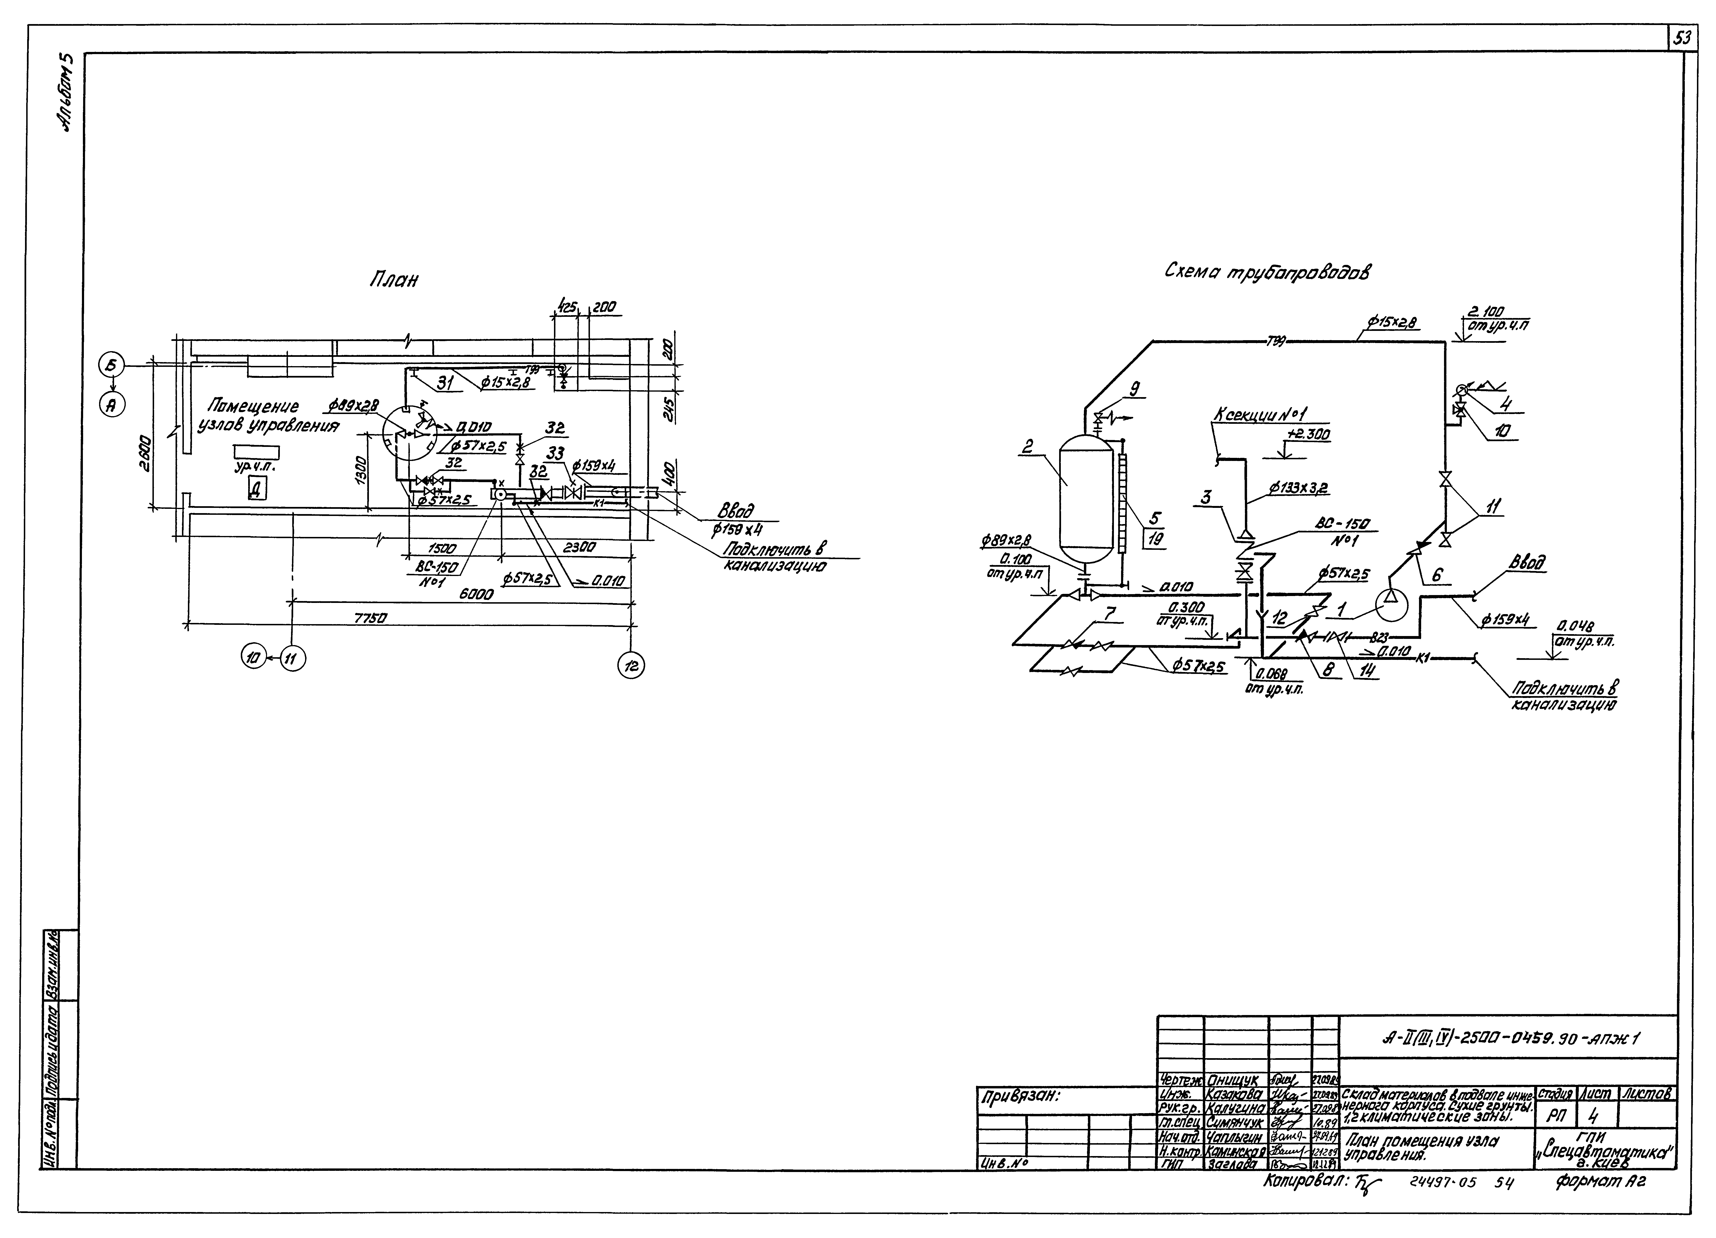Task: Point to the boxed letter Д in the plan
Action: (x=257, y=490)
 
